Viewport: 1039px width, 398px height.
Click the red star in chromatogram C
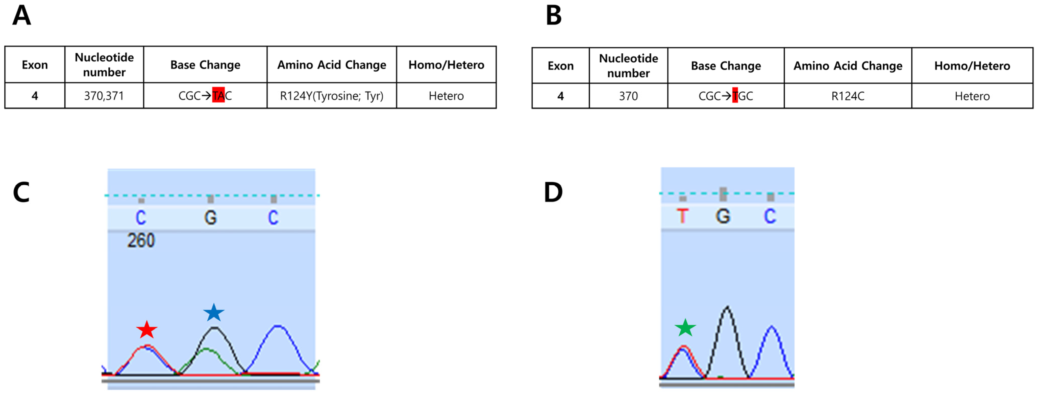tap(147, 330)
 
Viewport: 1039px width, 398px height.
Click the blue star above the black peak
tap(214, 313)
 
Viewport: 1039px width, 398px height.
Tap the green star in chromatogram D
tap(685, 328)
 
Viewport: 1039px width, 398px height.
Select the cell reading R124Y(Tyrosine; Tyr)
tap(332, 96)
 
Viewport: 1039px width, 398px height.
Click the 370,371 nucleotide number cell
tap(104, 96)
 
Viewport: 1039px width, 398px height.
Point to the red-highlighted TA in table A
tap(218, 95)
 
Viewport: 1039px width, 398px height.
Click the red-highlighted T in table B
tap(735, 96)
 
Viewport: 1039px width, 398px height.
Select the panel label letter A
tap(21, 16)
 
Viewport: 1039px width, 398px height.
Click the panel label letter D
tap(553, 192)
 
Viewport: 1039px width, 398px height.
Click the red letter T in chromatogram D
tap(682, 216)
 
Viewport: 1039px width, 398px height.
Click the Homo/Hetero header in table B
tap(972, 66)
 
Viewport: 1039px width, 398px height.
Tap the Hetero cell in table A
tap(446, 96)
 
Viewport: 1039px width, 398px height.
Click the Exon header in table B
tap(560, 66)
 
